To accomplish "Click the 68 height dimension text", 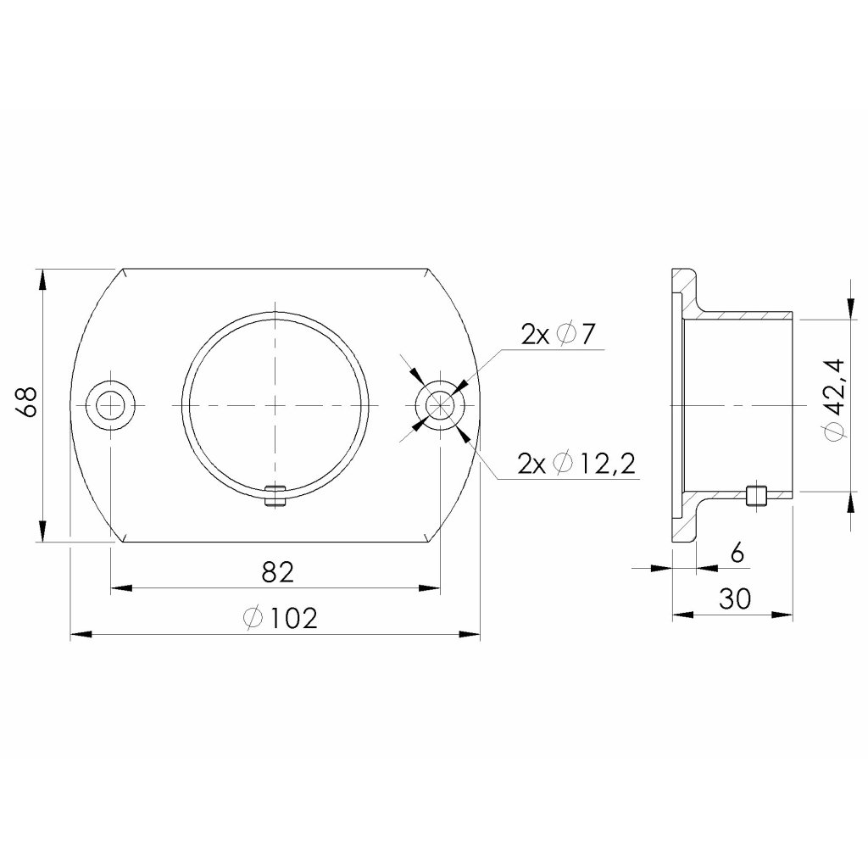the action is click(x=27, y=402).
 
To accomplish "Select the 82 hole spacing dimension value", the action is click(x=277, y=572).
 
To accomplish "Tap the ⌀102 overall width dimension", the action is click(x=281, y=618).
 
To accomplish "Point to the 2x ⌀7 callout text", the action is click(x=558, y=334).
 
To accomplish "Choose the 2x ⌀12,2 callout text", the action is click(x=576, y=464).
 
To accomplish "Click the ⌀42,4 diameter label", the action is click(x=835, y=400).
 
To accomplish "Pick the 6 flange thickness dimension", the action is click(x=737, y=553).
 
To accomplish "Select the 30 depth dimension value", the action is click(x=735, y=598).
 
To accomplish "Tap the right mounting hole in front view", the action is click(x=440, y=406).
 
